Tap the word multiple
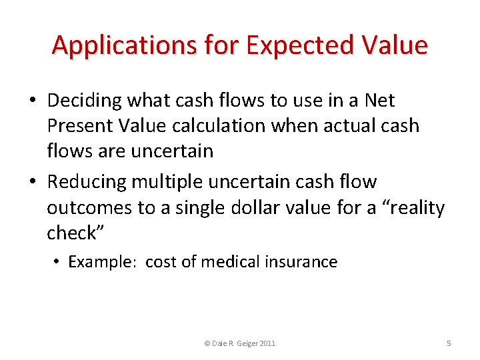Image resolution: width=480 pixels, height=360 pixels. coord(169,182)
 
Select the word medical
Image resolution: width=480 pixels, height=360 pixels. coord(233,262)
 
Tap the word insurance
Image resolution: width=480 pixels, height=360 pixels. coord(304,262)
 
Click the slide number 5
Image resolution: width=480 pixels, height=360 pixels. coord(449,343)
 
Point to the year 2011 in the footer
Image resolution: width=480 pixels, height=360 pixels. coord(266,343)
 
